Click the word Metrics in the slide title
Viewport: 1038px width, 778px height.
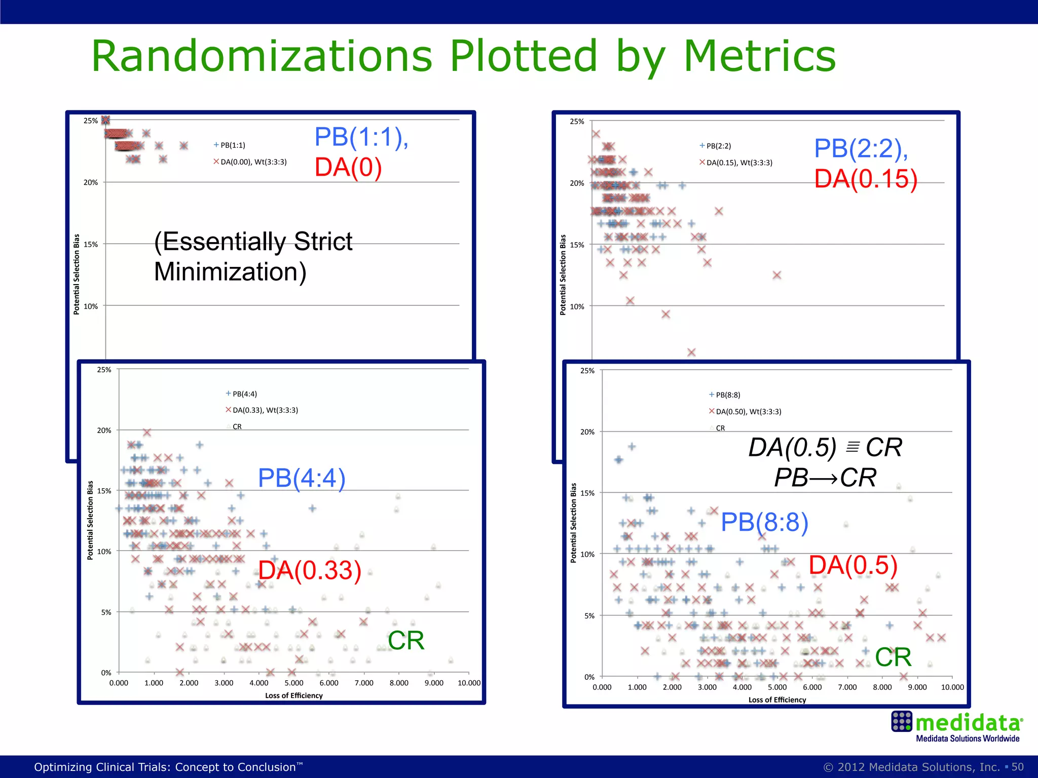[x=759, y=56]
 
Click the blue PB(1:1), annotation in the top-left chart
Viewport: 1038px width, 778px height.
[x=361, y=137]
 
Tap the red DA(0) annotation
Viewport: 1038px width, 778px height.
[x=348, y=168]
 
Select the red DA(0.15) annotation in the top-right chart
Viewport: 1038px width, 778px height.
[x=866, y=179]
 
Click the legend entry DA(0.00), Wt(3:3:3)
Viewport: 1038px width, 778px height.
[x=253, y=162]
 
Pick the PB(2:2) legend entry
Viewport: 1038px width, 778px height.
[x=718, y=146]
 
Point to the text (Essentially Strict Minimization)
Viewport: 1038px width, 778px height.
[x=253, y=257]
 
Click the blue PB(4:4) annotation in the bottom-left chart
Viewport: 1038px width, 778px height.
[x=302, y=478]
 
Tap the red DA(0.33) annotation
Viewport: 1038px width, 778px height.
[x=310, y=571]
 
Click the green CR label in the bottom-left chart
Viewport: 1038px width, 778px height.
[x=405, y=641]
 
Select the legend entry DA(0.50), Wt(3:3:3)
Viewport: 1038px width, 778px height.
[x=748, y=412]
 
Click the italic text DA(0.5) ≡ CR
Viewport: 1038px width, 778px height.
[x=825, y=448]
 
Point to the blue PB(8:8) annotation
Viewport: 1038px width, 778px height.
[x=764, y=522]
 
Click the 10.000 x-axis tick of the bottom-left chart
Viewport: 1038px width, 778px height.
[x=469, y=683]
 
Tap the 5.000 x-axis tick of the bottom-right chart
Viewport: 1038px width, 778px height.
[x=777, y=687]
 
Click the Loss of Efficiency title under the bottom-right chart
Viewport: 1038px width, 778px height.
[x=777, y=700]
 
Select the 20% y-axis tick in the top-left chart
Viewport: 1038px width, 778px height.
[x=91, y=182]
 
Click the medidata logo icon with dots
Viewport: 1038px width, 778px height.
[x=902, y=722]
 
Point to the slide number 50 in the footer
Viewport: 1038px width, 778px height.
[x=1018, y=767]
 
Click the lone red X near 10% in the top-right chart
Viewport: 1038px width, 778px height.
[x=630, y=301]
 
